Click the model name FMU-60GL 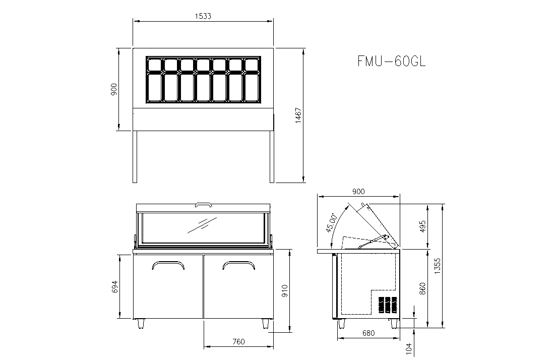point(391,61)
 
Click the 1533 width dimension point(203,16)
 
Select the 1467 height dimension point(298,115)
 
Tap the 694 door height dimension point(114,287)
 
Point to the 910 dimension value point(284,291)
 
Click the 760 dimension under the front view point(238,341)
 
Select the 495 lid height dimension point(422,226)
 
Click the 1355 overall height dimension point(438,266)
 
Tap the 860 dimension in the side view point(422,289)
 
